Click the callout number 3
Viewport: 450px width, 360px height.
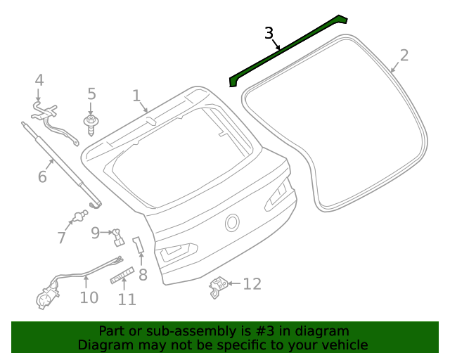pyautogui.click(x=269, y=33)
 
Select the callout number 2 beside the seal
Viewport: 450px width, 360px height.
pyautogui.click(x=404, y=55)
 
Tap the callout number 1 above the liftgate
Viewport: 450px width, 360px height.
pyautogui.click(x=136, y=96)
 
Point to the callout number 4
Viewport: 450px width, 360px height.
pyautogui.click(x=39, y=80)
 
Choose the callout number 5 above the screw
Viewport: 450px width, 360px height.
pyautogui.click(x=91, y=94)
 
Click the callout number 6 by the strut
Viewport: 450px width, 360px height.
pyautogui.click(x=42, y=176)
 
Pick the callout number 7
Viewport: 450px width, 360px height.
pyautogui.click(x=62, y=238)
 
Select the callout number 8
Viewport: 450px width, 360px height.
pyautogui.click(x=143, y=275)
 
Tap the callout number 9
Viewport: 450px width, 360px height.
pyautogui.click(x=96, y=233)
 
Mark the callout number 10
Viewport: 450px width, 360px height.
pyautogui.click(x=89, y=297)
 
